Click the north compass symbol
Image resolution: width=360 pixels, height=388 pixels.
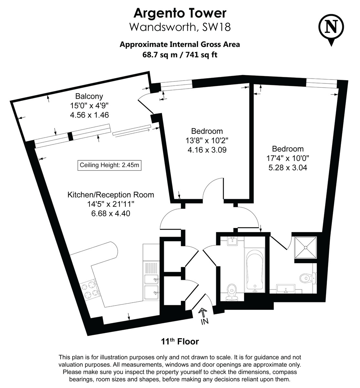331,27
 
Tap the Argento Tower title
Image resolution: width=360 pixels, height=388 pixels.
180,13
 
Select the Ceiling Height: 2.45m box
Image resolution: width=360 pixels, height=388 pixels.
110,165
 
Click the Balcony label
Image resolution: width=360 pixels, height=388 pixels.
89,96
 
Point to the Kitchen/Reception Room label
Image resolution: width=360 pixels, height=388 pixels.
111,195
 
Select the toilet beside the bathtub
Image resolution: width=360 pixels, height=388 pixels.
232,290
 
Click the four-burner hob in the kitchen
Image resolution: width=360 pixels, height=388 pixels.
90,289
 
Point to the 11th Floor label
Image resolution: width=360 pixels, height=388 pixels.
180,341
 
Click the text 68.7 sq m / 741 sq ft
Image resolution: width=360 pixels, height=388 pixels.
180,55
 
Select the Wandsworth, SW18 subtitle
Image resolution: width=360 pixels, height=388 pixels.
180,27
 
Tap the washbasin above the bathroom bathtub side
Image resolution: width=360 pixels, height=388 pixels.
232,241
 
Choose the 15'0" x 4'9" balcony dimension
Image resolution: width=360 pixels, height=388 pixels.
89,105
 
